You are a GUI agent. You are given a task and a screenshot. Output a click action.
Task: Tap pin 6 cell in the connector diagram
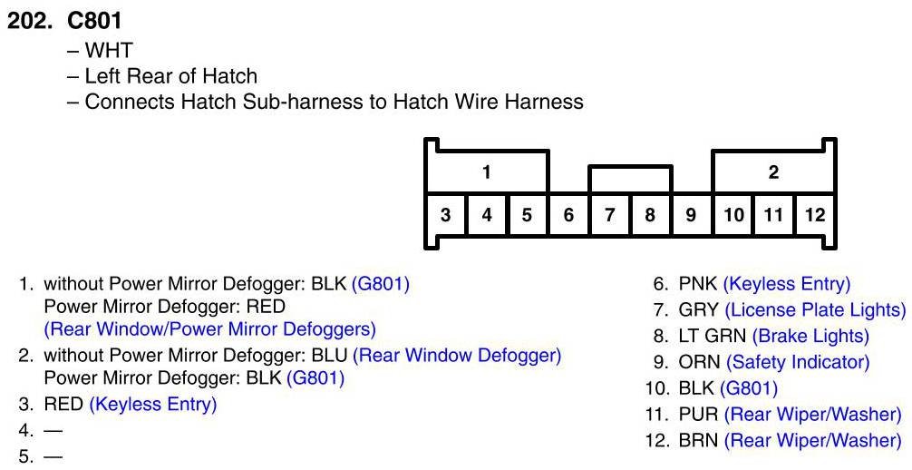[x=568, y=215]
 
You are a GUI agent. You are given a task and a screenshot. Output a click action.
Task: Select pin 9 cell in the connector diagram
[x=691, y=215]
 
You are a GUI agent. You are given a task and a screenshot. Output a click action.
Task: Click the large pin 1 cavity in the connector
[x=487, y=172]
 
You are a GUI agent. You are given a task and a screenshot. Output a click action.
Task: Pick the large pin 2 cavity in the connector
[x=773, y=172]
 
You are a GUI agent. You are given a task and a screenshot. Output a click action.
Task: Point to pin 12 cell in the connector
[x=815, y=215]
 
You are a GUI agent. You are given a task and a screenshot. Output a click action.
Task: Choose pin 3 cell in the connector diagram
[x=446, y=215]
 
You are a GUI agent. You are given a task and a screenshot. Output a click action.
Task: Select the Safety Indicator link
[x=798, y=362]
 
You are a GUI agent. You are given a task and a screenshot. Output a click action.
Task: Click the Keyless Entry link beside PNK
[x=787, y=283]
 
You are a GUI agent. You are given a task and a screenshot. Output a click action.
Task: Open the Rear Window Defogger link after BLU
[x=457, y=355]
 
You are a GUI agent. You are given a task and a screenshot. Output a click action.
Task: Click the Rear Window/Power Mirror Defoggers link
[x=209, y=328]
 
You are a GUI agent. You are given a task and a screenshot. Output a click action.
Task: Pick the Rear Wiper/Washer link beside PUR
[x=813, y=415]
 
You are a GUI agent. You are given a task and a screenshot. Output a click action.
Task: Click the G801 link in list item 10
[x=749, y=388]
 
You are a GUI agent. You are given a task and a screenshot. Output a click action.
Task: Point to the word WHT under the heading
[x=108, y=50]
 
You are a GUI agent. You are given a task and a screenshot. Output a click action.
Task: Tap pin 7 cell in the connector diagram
[x=610, y=215]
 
